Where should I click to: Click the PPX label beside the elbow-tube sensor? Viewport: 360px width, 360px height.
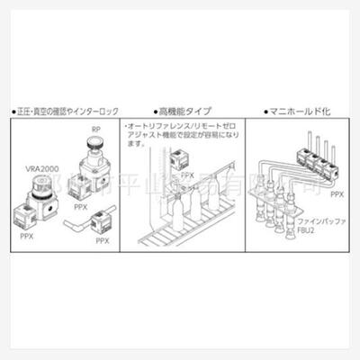click(x=103, y=241)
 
